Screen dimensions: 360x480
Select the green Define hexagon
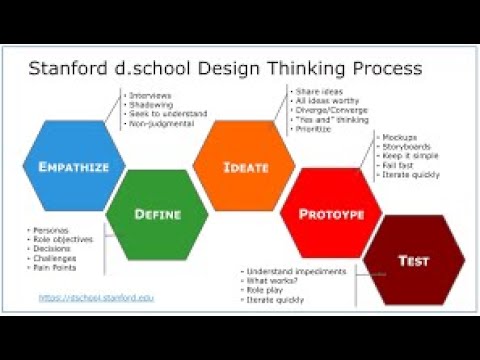click(157, 212)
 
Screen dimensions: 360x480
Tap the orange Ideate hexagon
click(245, 166)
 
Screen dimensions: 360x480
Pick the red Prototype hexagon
click(331, 213)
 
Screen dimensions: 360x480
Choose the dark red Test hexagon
click(413, 261)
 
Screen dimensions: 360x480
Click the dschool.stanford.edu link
click(97, 297)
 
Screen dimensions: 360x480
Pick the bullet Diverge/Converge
click(319, 111)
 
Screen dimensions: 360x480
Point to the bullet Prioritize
click(305, 129)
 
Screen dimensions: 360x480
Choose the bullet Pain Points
click(56, 267)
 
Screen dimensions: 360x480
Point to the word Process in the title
click(381, 70)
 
